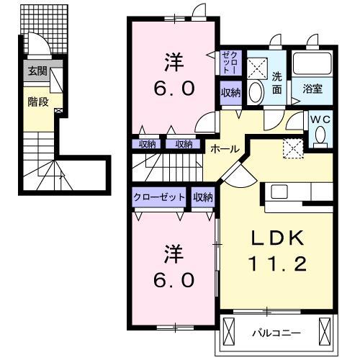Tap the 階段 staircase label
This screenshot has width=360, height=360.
[38, 102]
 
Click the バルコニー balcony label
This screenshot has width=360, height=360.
[277, 333]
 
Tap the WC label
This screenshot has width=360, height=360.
[320, 120]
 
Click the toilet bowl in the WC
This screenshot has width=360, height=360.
[320, 134]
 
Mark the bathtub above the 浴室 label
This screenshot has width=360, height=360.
[313, 65]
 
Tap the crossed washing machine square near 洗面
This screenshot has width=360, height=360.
[257, 68]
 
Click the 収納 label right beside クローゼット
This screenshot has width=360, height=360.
[203, 197]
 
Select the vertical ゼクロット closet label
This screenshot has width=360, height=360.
[229, 63]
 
